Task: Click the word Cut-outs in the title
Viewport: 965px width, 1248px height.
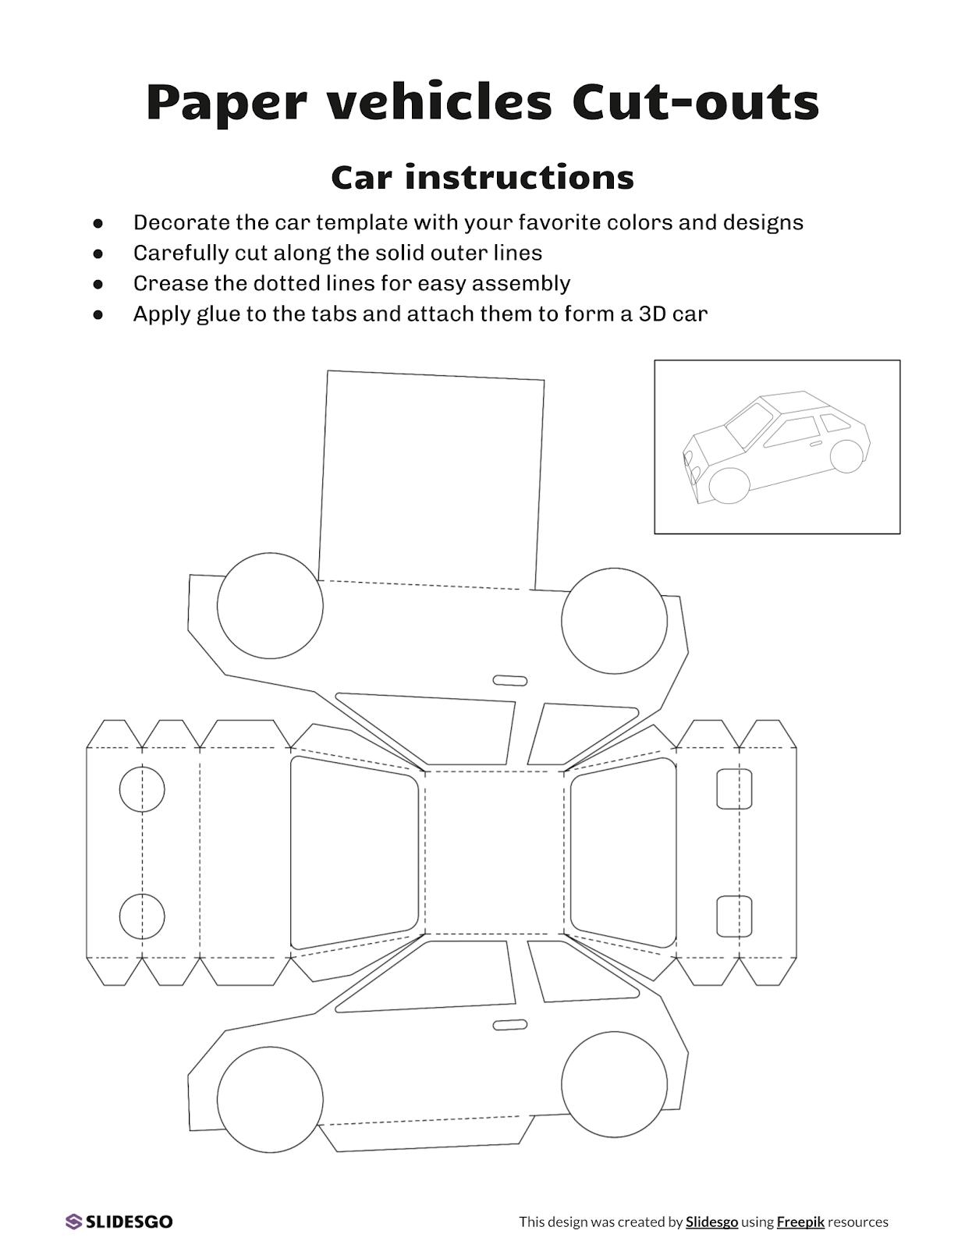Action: coord(694,101)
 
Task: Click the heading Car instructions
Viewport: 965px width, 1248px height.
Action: coord(482,177)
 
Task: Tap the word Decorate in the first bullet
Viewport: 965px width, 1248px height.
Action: coord(181,223)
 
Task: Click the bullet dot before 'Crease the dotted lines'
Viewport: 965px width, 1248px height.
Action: coord(98,284)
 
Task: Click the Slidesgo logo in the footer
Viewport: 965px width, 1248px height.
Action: coord(119,1221)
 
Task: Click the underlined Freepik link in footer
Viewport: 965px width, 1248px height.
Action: coord(800,1222)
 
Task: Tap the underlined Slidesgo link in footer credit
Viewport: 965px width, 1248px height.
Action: coord(711,1222)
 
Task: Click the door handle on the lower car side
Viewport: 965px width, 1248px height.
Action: coord(510,1024)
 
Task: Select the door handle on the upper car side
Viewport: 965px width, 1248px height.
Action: coord(510,681)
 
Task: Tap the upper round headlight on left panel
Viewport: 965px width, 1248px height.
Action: coord(142,789)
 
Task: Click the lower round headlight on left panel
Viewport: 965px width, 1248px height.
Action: coord(142,916)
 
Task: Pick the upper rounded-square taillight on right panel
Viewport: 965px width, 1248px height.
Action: coord(734,789)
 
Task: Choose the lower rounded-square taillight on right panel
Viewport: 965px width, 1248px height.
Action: coord(734,916)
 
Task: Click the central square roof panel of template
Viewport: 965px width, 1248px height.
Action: coord(494,852)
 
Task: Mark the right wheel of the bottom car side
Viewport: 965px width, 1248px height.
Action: coord(614,1084)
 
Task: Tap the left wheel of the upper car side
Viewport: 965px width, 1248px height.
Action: coord(270,605)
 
